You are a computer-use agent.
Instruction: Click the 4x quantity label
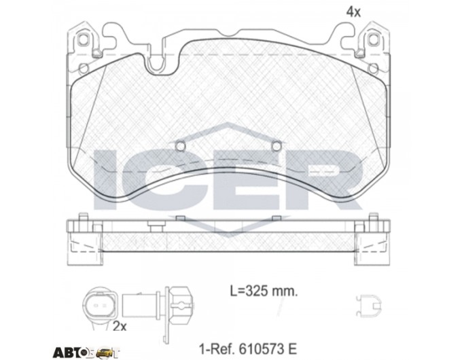[x=353, y=12]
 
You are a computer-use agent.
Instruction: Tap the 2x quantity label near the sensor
[x=120, y=326]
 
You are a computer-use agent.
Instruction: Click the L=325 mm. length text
[x=264, y=291]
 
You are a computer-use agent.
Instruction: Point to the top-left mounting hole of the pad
[x=83, y=39]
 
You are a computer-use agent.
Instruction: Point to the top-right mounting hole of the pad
[x=373, y=39]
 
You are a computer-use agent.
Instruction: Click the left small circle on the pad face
[x=180, y=146]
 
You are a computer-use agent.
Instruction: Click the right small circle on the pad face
[x=277, y=146]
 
